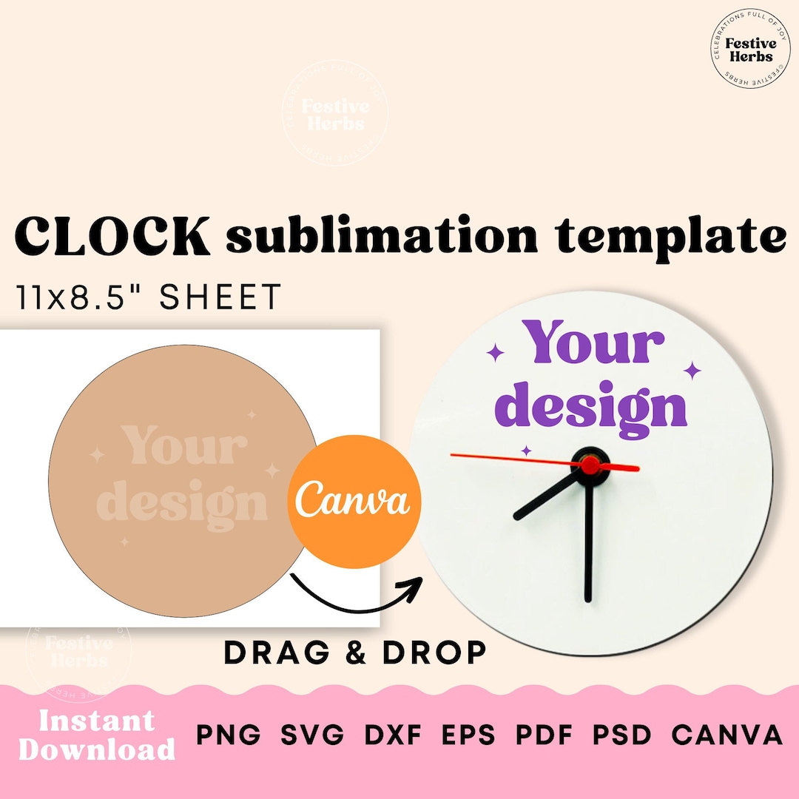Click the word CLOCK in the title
pyautogui.click(x=111, y=237)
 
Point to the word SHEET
pyautogui.click(x=220, y=297)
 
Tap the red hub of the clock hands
pyautogui.click(x=590, y=465)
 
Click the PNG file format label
pyautogui.click(x=229, y=735)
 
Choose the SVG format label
pyautogui.click(x=313, y=735)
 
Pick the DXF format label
pyautogui.click(x=393, y=735)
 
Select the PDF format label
pyautogui.click(x=545, y=735)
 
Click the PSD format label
pyautogui.click(x=622, y=735)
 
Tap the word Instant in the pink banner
pyautogui.click(x=97, y=720)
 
